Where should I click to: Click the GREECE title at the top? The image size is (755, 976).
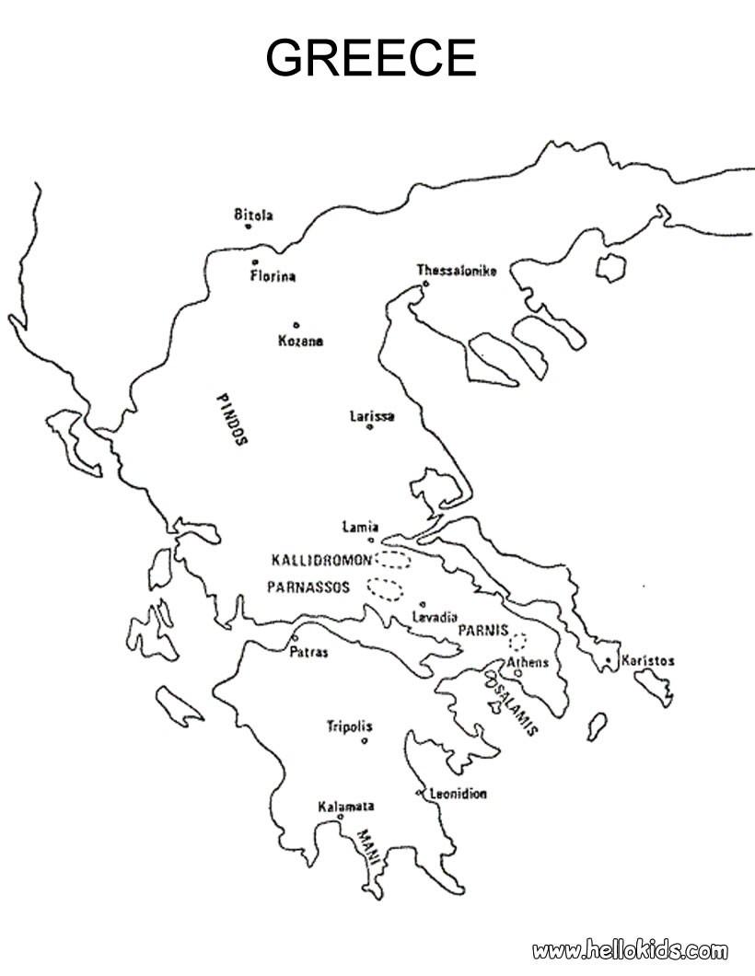click(x=371, y=59)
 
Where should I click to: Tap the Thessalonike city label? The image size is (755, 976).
click(x=457, y=271)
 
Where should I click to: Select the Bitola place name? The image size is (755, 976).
click(x=253, y=215)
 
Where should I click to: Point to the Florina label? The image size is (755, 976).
click(x=273, y=276)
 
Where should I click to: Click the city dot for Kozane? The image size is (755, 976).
click(x=296, y=324)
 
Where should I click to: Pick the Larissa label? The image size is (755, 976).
click(x=372, y=416)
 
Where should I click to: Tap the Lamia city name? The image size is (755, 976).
click(x=359, y=528)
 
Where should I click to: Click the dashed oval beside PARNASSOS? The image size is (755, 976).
click(x=385, y=587)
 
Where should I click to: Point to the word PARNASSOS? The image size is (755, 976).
click(x=308, y=587)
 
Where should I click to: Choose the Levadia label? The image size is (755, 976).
click(x=436, y=618)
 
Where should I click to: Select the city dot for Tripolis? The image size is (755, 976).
click(x=365, y=740)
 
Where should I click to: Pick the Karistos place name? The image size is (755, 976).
click(x=648, y=661)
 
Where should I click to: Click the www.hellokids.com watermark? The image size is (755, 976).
click(x=630, y=950)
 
